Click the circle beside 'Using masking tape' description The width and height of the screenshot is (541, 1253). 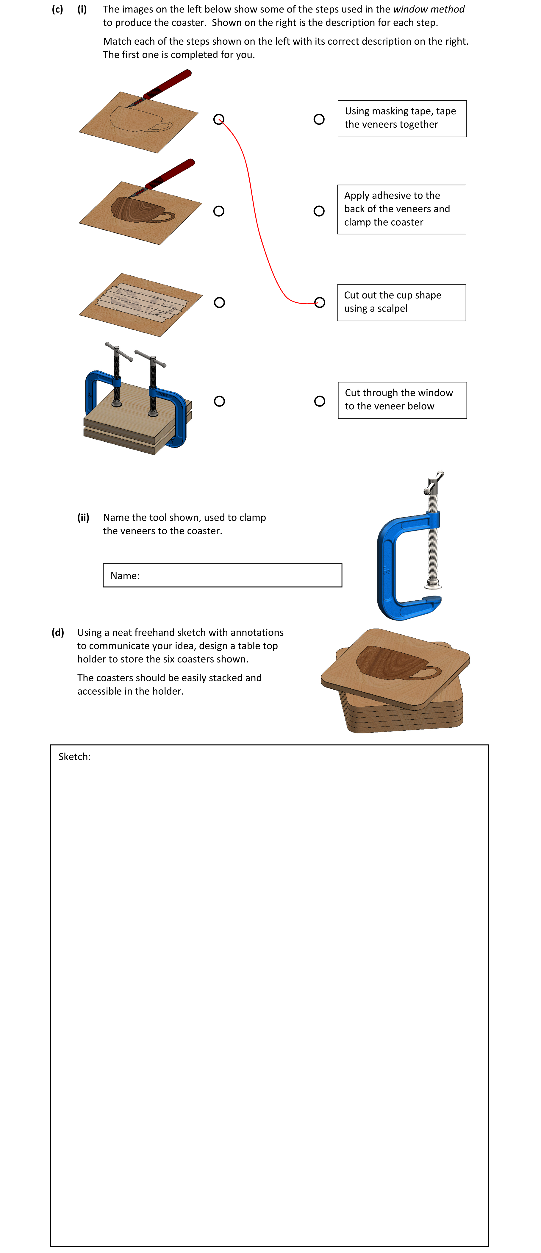click(x=319, y=119)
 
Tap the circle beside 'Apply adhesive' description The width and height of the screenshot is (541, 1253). click(x=319, y=211)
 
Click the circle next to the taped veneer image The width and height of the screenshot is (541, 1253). click(x=219, y=303)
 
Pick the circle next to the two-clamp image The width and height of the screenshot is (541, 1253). click(x=219, y=401)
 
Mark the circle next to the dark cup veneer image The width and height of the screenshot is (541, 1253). click(x=219, y=211)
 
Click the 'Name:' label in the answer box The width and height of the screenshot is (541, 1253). click(x=125, y=576)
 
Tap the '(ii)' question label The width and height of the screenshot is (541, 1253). click(x=83, y=518)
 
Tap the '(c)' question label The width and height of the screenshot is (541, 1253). click(x=57, y=9)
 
